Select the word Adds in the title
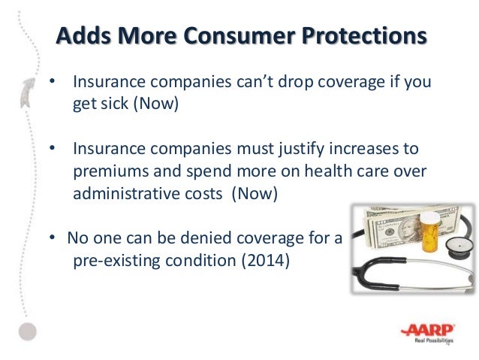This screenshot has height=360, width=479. [x=83, y=35]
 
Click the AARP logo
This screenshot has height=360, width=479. [x=428, y=331]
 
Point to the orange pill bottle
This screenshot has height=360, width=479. [x=430, y=231]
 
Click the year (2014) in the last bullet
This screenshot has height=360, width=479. [x=266, y=261]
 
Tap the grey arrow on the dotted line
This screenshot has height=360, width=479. [x=28, y=92]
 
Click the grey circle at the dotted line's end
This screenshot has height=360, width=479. [x=28, y=331]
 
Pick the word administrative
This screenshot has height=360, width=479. [x=148, y=194]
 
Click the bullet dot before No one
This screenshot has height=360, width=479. [x=53, y=237]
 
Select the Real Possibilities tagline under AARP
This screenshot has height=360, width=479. [x=434, y=340]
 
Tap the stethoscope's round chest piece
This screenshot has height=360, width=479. [x=458, y=247]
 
